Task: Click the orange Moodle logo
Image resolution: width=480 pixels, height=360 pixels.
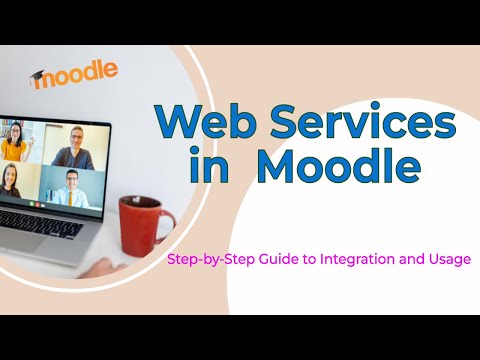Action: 75,74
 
